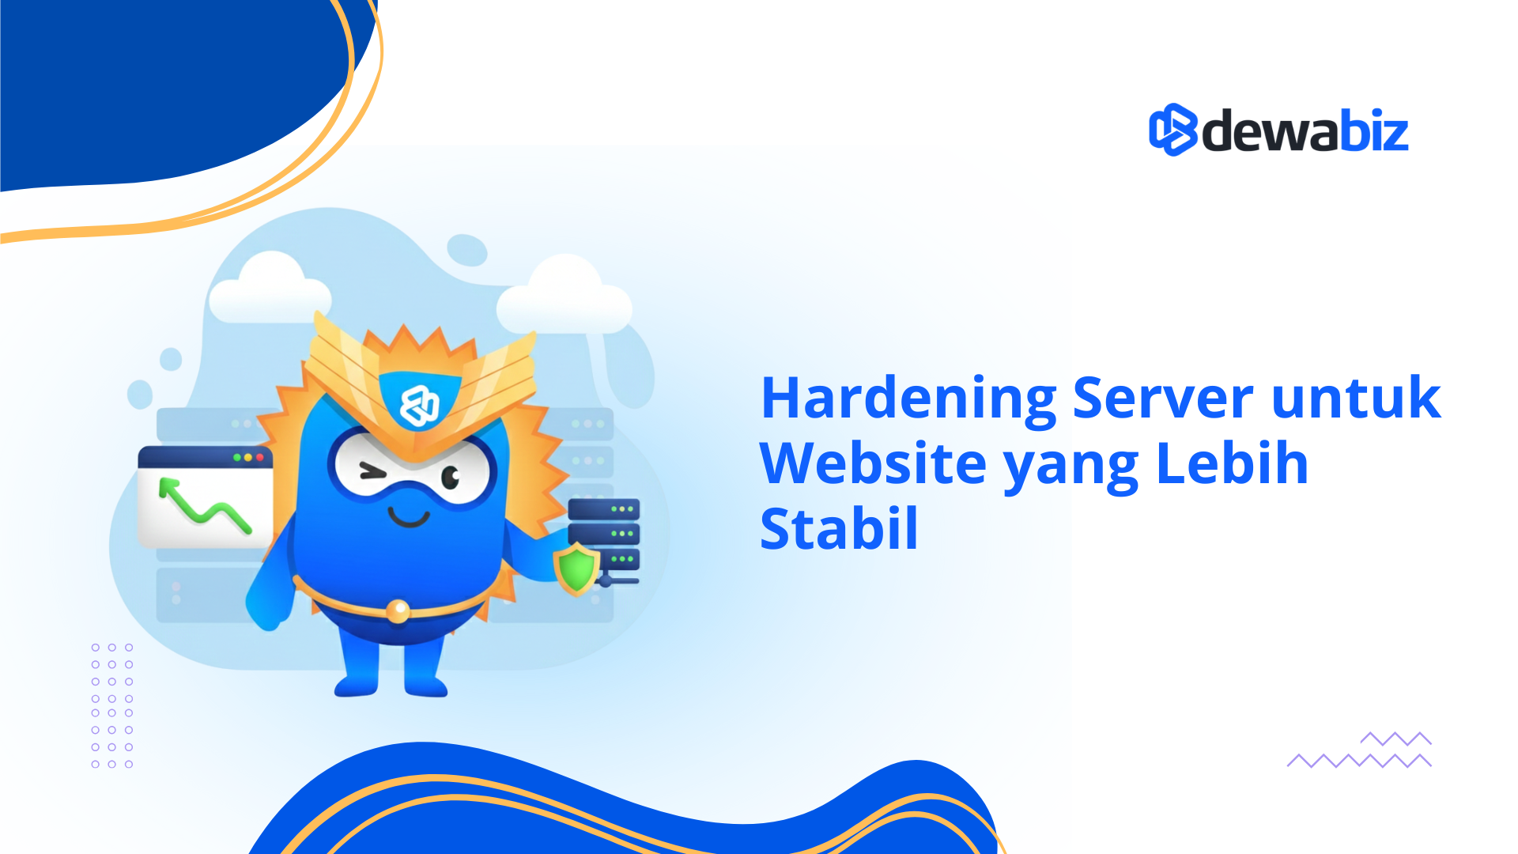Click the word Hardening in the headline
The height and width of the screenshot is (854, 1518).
coord(908,399)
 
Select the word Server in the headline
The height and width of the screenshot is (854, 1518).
coord(1162,398)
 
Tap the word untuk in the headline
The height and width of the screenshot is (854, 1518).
coord(1356,398)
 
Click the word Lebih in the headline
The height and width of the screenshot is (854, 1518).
coord(1232,463)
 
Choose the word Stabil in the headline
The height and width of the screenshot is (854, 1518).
coord(839,529)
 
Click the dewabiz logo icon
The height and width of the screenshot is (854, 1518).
coord(1172,130)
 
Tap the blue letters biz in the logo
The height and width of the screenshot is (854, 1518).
coord(1374,131)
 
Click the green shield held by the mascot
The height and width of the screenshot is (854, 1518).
coord(576,568)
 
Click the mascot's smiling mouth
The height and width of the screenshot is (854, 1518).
coord(409,519)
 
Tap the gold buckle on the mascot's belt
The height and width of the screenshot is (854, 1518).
coord(397,610)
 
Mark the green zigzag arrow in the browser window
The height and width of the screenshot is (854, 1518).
coord(204,506)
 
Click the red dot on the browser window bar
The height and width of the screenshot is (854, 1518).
coord(260,457)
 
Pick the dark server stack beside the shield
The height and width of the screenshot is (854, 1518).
coord(604,534)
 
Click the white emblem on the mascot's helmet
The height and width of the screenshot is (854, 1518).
coord(419,406)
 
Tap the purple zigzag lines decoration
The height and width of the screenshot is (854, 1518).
coord(1360,750)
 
